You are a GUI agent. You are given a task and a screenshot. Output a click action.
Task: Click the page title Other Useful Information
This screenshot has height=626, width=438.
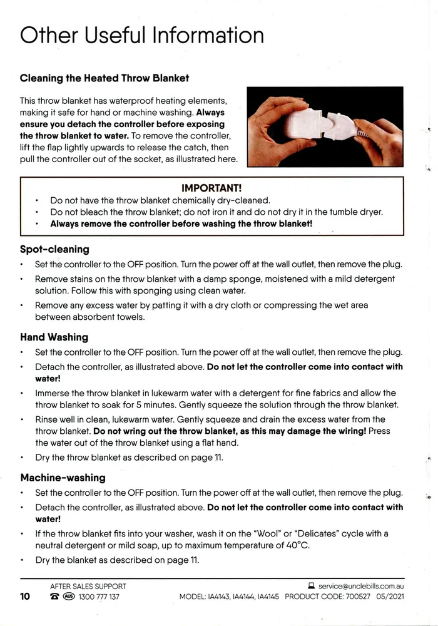142,35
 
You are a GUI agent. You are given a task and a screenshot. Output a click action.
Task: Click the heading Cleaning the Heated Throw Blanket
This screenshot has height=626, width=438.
104,78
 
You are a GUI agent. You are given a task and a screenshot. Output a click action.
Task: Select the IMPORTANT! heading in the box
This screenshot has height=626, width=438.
211,188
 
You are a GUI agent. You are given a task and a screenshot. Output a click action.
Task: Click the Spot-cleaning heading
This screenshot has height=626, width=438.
54,249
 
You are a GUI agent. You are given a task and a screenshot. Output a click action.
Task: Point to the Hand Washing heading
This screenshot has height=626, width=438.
54,337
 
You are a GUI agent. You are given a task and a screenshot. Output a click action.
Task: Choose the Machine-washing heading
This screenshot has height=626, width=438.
63,478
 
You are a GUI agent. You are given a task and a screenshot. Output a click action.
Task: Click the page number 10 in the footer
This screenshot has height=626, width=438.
25,597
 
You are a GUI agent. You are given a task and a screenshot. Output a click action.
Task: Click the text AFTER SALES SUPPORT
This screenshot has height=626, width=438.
88,586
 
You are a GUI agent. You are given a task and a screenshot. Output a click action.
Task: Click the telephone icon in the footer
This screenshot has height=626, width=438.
54,597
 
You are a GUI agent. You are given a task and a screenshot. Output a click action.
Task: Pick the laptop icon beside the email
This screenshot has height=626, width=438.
311,586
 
